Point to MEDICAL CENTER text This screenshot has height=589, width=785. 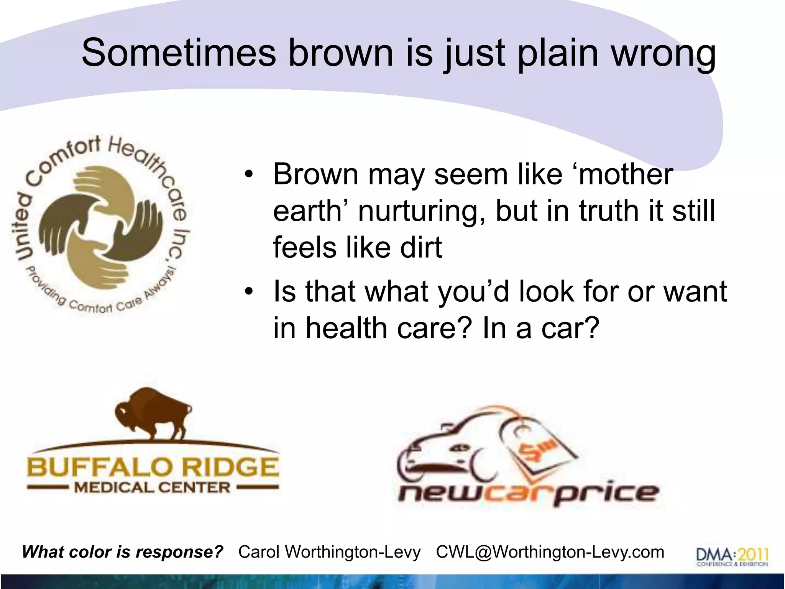click(152, 488)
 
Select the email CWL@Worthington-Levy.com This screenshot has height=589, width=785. click(550, 552)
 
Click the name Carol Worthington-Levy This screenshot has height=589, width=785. click(330, 552)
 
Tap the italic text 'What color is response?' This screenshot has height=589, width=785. click(123, 552)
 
